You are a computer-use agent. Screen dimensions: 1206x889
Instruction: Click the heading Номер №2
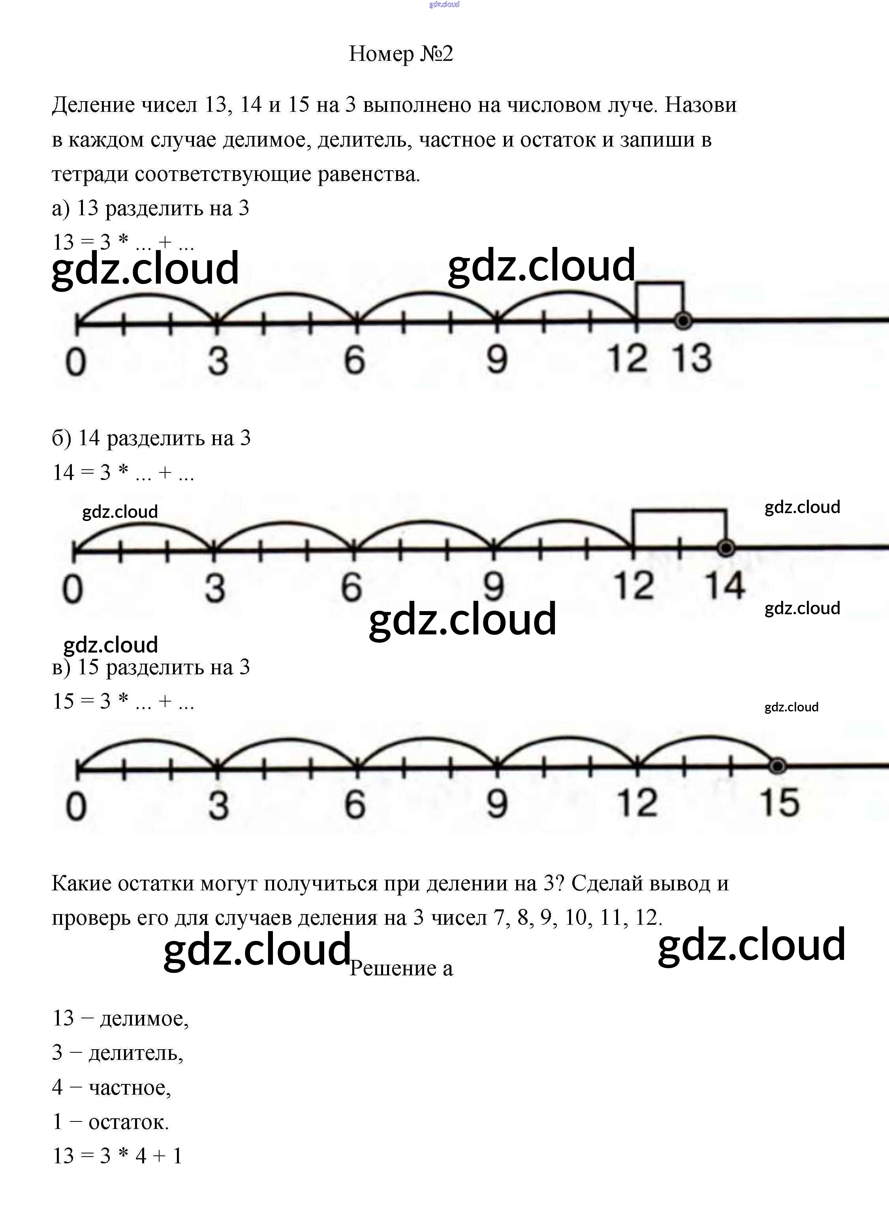(x=401, y=54)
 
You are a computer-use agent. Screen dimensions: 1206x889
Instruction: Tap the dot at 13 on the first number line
(x=683, y=321)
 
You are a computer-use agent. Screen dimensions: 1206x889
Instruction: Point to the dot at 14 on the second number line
(x=726, y=548)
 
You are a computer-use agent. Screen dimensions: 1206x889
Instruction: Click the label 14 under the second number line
(x=725, y=585)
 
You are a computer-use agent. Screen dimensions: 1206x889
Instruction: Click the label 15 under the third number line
(x=779, y=803)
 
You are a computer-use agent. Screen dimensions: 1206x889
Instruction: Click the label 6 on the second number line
(x=351, y=587)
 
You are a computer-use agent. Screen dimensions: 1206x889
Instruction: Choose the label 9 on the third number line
(x=497, y=804)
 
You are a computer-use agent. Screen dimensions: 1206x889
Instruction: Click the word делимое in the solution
(x=144, y=1018)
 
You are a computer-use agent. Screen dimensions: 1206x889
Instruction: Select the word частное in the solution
(x=130, y=1087)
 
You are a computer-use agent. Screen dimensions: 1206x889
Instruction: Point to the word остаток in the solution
(x=128, y=1122)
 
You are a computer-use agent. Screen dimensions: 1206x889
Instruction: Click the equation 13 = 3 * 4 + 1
(x=117, y=1156)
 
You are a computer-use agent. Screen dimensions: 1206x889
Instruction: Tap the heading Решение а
(x=401, y=968)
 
